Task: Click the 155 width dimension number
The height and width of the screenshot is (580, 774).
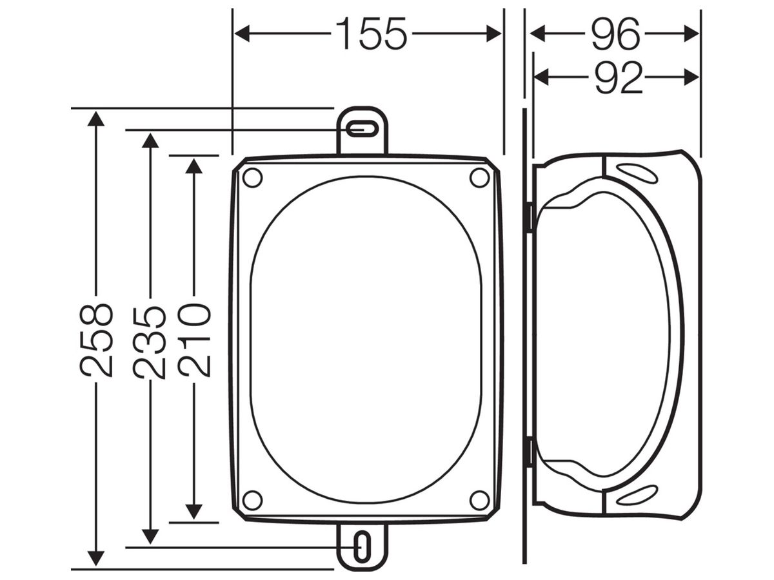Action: coord(372,34)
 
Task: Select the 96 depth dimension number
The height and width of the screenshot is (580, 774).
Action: coord(615,34)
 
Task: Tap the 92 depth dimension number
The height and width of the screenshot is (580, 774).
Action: coord(618,78)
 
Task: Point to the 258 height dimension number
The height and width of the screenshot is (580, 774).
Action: coord(97,339)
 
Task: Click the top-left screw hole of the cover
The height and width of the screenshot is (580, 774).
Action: coord(252,178)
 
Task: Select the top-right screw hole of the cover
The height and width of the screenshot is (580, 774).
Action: coord(479,178)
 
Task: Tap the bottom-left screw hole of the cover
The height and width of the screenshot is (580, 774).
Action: coord(252,500)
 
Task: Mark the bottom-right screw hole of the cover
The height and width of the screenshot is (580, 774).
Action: coord(479,500)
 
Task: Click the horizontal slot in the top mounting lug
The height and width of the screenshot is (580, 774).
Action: coord(362,130)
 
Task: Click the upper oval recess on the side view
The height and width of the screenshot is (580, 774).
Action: coord(637,173)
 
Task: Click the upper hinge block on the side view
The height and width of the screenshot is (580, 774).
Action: coord(528,218)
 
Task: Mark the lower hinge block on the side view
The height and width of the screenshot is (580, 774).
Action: coord(528,452)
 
